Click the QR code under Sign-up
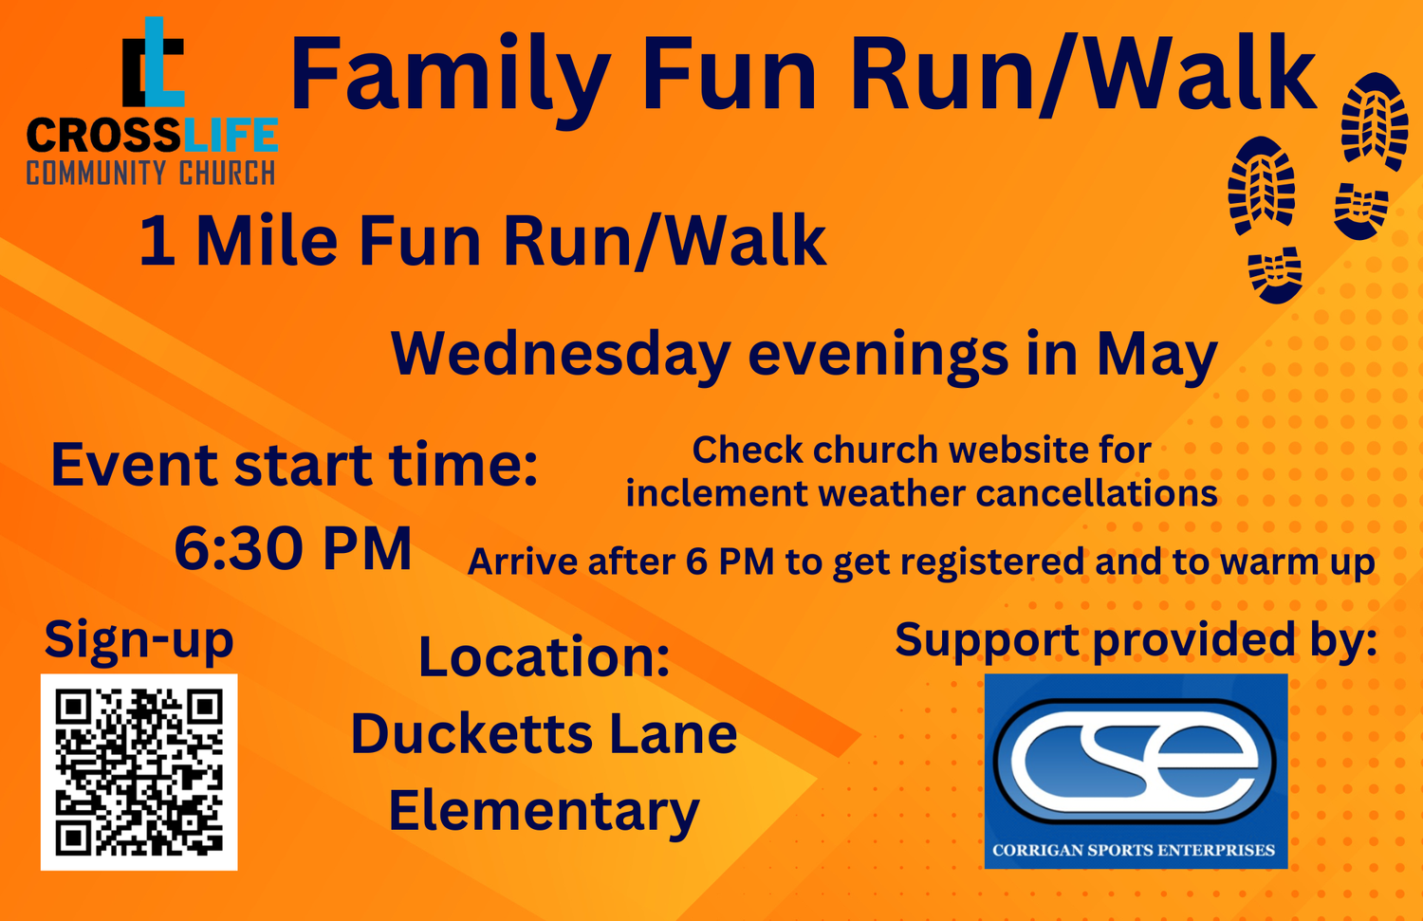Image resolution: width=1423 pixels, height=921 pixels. [139, 772]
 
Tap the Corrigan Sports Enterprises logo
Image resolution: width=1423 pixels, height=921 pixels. [1136, 771]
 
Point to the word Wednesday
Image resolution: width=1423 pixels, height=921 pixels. [561, 354]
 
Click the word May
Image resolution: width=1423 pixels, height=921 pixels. [1156, 354]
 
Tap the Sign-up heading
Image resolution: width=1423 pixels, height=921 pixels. [139, 639]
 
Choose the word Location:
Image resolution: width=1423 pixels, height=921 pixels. [544, 656]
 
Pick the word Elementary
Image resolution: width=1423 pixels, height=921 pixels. [544, 812]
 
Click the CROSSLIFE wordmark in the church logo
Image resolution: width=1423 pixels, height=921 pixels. [152, 137]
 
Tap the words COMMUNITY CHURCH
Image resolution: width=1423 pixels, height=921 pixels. [151, 174]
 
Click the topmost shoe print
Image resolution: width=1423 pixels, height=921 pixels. [1374, 120]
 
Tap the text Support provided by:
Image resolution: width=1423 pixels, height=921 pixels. [1136, 639]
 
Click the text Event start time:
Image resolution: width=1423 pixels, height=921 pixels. [294, 465]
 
